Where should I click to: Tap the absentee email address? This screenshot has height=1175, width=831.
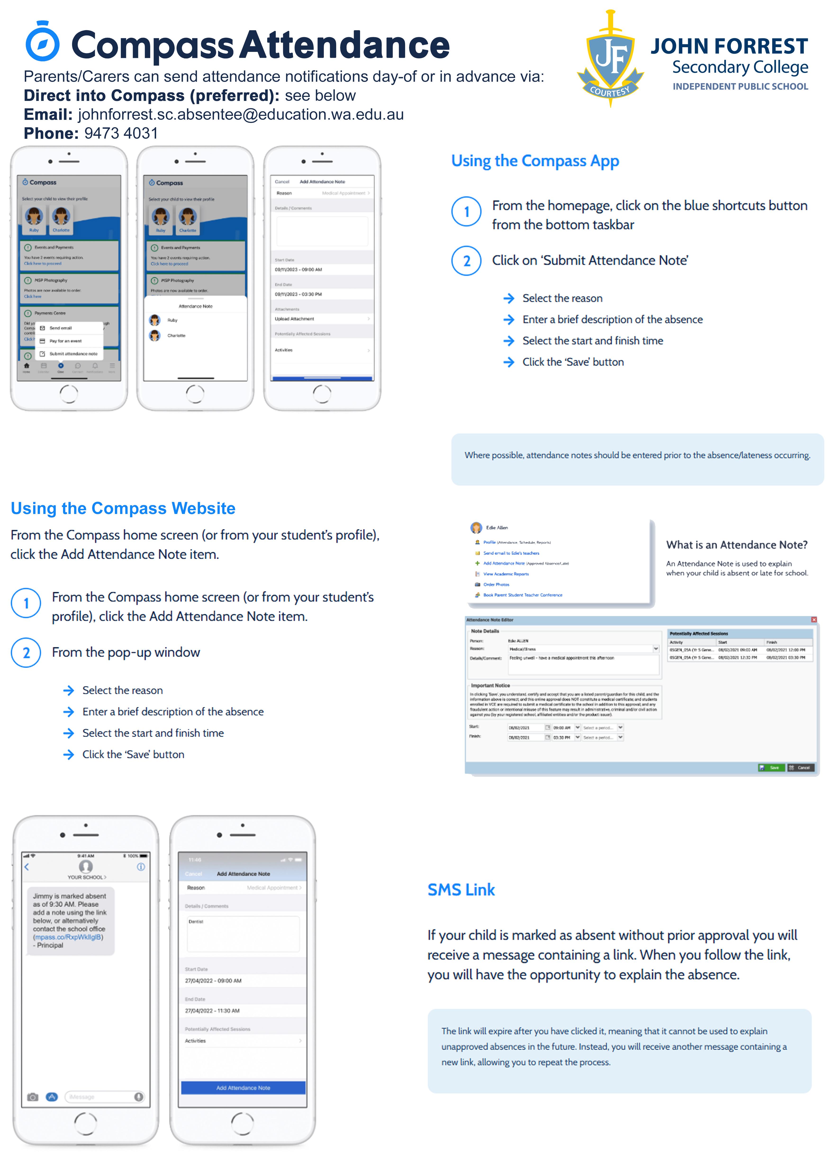[x=240, y=115]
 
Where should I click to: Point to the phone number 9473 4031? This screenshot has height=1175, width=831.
[x=121, y=134]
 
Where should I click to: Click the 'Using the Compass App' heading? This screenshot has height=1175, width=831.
[x=535, y=161]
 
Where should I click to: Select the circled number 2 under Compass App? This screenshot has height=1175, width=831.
[x=466, y=261]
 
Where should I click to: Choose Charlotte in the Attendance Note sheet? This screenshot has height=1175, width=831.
[x=176, y=336]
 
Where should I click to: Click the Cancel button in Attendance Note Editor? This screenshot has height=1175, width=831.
[x=800, y=768]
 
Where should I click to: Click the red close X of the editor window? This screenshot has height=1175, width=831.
[x=814, y=620]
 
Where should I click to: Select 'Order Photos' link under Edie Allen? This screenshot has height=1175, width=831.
[x=496, y=585]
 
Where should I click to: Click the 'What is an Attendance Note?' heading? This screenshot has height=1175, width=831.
[x=736, y=545]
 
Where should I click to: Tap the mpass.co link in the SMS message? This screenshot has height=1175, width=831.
[x=68, y=937]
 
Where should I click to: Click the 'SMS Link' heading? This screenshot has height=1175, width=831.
[x=461, y=890]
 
